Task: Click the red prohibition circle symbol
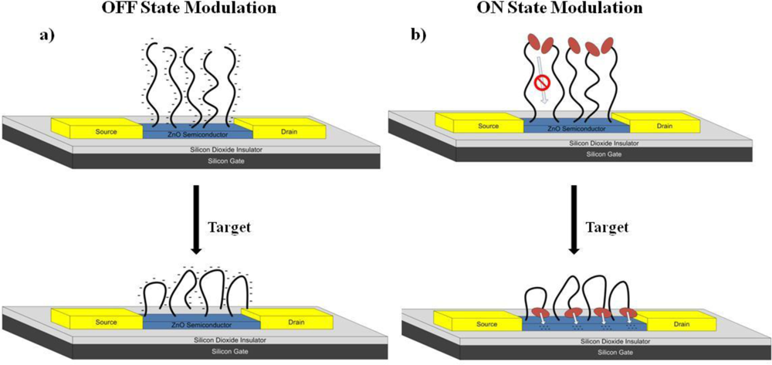[541, 83]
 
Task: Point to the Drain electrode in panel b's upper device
[663, 126]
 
